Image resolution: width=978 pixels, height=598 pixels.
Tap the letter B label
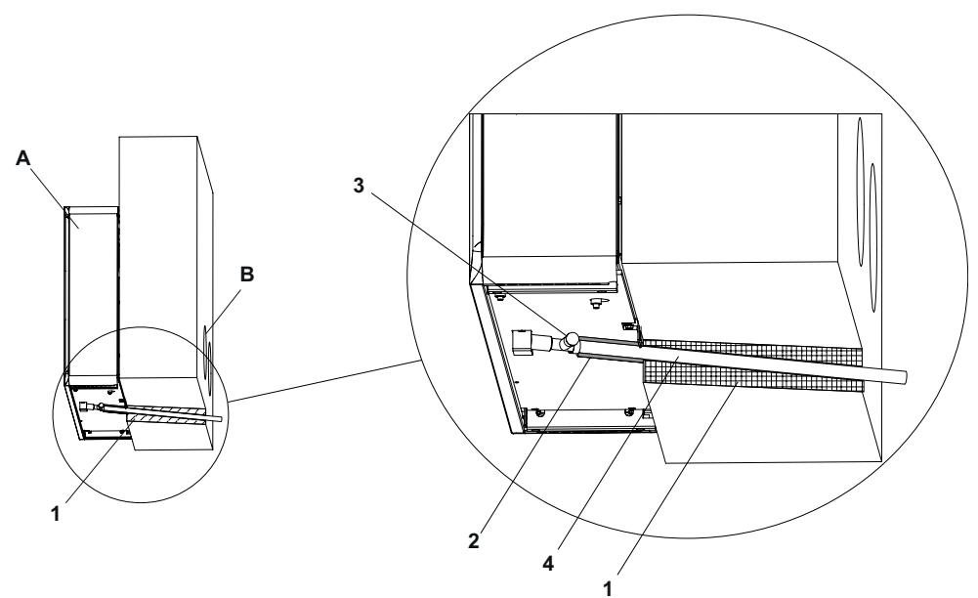(247, 276)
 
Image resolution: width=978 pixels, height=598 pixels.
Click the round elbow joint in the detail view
(568, 340)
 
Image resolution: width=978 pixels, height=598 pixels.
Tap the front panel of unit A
(90, 293)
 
